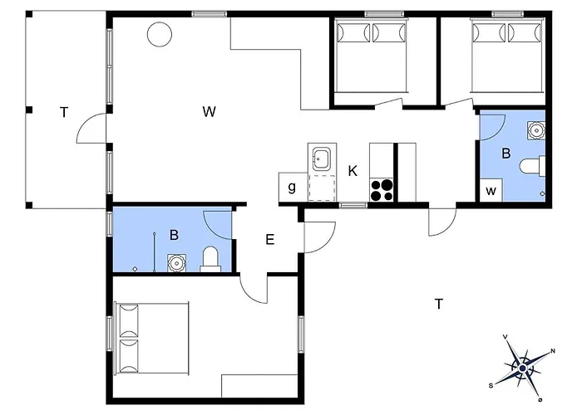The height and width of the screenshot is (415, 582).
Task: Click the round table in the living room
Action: tap(160, 34)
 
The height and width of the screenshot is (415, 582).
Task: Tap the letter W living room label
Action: tap(210, 111)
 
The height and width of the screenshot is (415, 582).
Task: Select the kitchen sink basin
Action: tap(322, 159)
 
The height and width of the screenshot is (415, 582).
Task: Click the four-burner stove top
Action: tap(381, 190)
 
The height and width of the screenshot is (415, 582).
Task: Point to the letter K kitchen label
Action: tap(353, 171)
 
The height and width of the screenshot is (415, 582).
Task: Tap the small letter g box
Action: tap(293, 188)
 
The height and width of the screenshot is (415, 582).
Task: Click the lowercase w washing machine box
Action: tap(491, 190)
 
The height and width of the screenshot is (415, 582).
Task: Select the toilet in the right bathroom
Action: tap(533, 166)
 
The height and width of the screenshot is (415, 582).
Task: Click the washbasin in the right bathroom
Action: tap(536, 130)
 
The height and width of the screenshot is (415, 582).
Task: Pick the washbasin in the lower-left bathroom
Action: tap(176, 263)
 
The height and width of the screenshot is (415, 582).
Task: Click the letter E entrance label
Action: tap(270, 240)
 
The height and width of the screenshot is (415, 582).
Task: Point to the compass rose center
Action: tap(523, 368)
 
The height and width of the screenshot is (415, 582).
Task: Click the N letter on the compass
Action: tap(553, 351)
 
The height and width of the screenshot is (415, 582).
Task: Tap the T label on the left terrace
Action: tap(64, 112)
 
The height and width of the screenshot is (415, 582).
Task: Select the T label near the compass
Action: tap(439, 305)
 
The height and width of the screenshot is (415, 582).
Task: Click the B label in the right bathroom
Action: tap(506, 154)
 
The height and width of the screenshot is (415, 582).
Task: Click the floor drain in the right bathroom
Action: tap(543, 193)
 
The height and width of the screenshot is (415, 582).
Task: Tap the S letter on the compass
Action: tap(491, 386)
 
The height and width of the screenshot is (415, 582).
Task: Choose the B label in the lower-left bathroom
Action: tap(174, 235)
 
